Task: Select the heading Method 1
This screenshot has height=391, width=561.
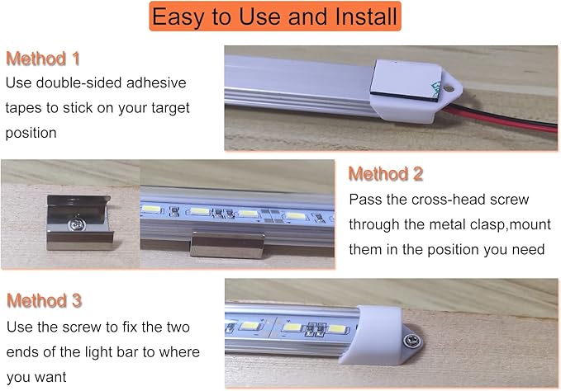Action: (x=43, y=59)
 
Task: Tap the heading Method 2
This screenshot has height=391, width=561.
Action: (x=386, y=174)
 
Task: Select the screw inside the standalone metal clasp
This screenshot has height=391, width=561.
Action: (x=76, y=222)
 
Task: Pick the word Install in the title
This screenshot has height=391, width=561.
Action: (x=357, y=16)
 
